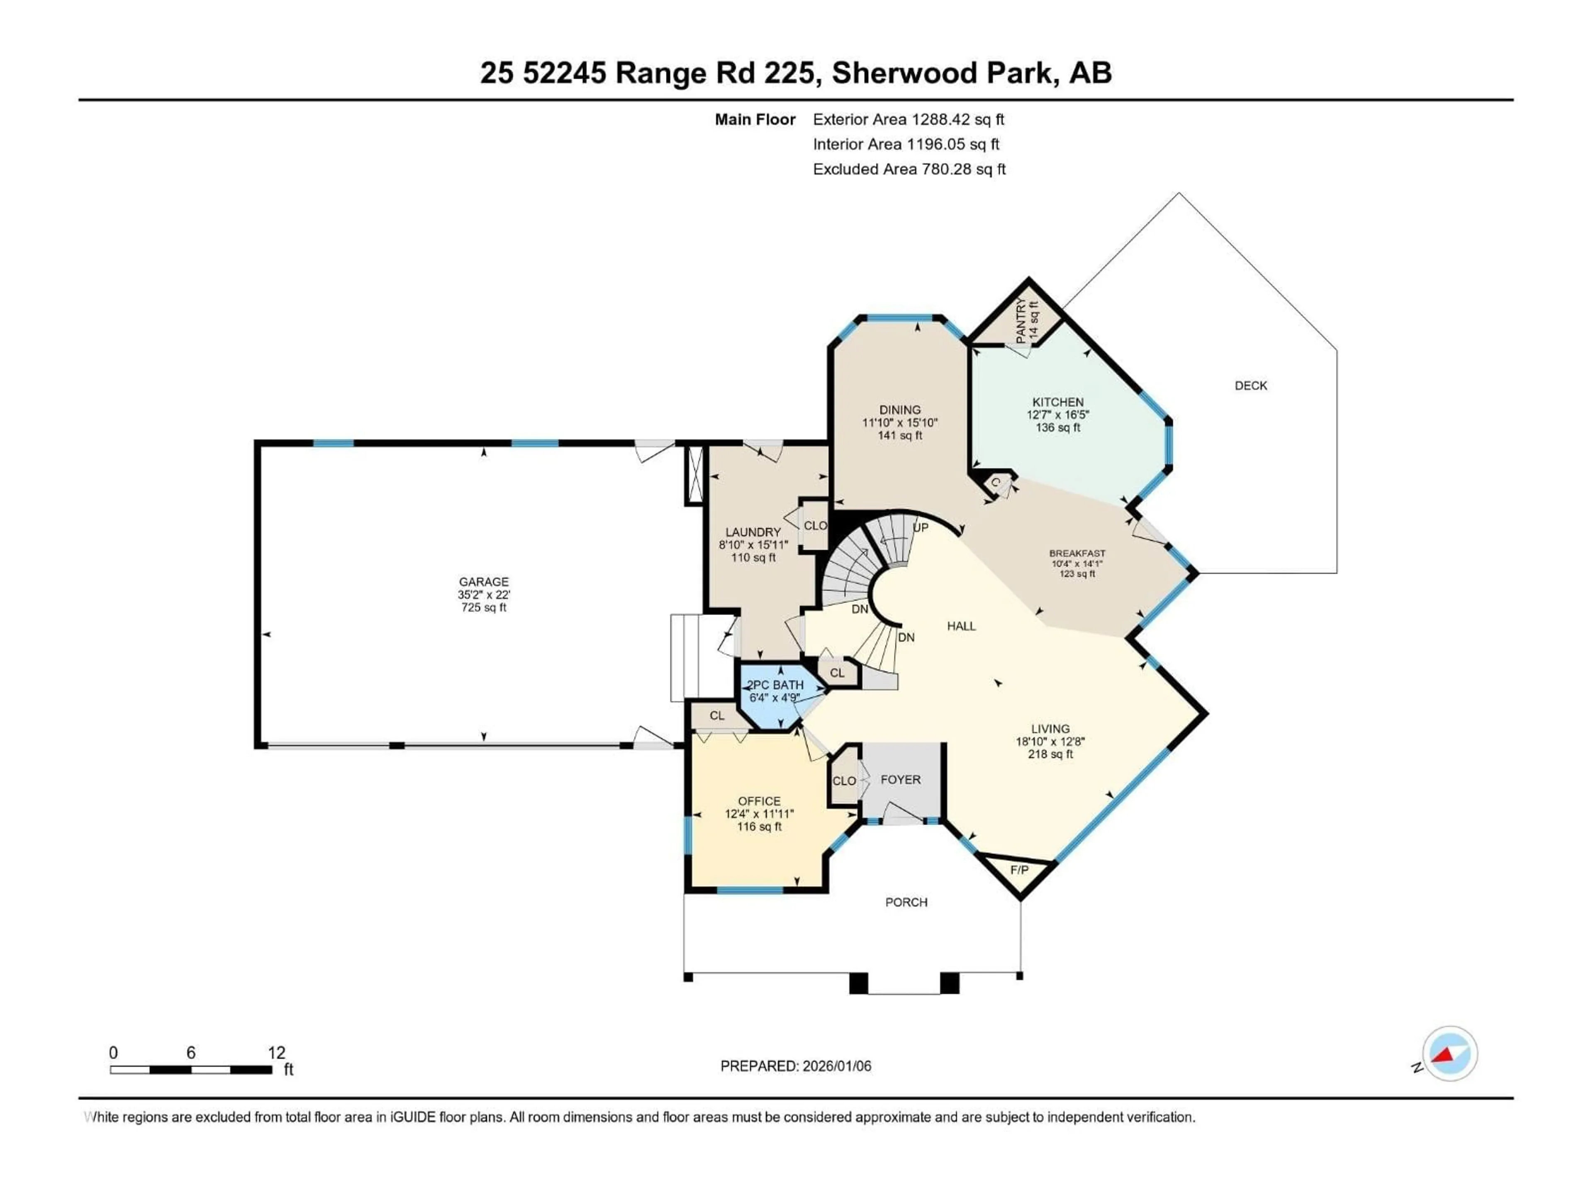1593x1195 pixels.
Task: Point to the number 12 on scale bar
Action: click(277, 1052)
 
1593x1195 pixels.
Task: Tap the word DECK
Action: click(1250, 385)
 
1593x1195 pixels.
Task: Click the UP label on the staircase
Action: click(921, 527)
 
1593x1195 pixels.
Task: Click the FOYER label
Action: click(900, 779)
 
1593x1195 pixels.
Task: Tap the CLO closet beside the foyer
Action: click(844, 781)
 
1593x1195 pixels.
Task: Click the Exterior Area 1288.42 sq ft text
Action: click(908, 119)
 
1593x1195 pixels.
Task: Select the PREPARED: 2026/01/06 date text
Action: click(795, 1066)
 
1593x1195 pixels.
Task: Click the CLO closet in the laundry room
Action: click(815, 526)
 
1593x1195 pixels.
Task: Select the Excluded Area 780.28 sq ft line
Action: click(909, 169)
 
